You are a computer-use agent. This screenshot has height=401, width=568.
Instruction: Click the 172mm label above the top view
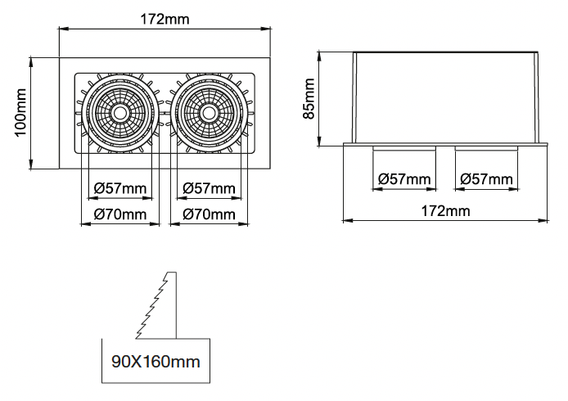coord(165,19)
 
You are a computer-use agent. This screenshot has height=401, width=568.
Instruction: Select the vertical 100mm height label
coord(21,113)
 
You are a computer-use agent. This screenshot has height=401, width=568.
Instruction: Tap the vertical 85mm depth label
coord(309,98)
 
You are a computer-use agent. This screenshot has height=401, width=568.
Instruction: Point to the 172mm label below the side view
coord(445,211)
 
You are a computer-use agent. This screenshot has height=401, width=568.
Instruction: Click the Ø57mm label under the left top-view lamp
coord(120,188)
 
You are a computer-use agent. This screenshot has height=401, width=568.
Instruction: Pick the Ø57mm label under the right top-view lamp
coord(209,188)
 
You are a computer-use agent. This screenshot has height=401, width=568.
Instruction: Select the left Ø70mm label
coord(120,214)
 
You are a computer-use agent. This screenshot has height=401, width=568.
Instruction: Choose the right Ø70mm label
coord(209,214)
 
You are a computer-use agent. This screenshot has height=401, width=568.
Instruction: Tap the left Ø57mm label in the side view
coord(404,179)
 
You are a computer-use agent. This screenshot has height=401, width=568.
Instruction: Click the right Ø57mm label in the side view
coord(486,179)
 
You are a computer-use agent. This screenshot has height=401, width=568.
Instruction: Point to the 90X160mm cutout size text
coord(156,362)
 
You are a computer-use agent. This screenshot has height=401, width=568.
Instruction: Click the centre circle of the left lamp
coord(119,113)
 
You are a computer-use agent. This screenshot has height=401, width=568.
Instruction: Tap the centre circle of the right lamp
coord(208,113)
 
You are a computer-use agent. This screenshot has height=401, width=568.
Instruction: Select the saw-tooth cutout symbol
coord(156,305)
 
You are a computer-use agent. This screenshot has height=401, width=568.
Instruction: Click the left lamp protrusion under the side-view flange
coord(404,148)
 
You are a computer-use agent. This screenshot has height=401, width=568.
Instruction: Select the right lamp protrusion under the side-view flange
coord(486,148)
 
